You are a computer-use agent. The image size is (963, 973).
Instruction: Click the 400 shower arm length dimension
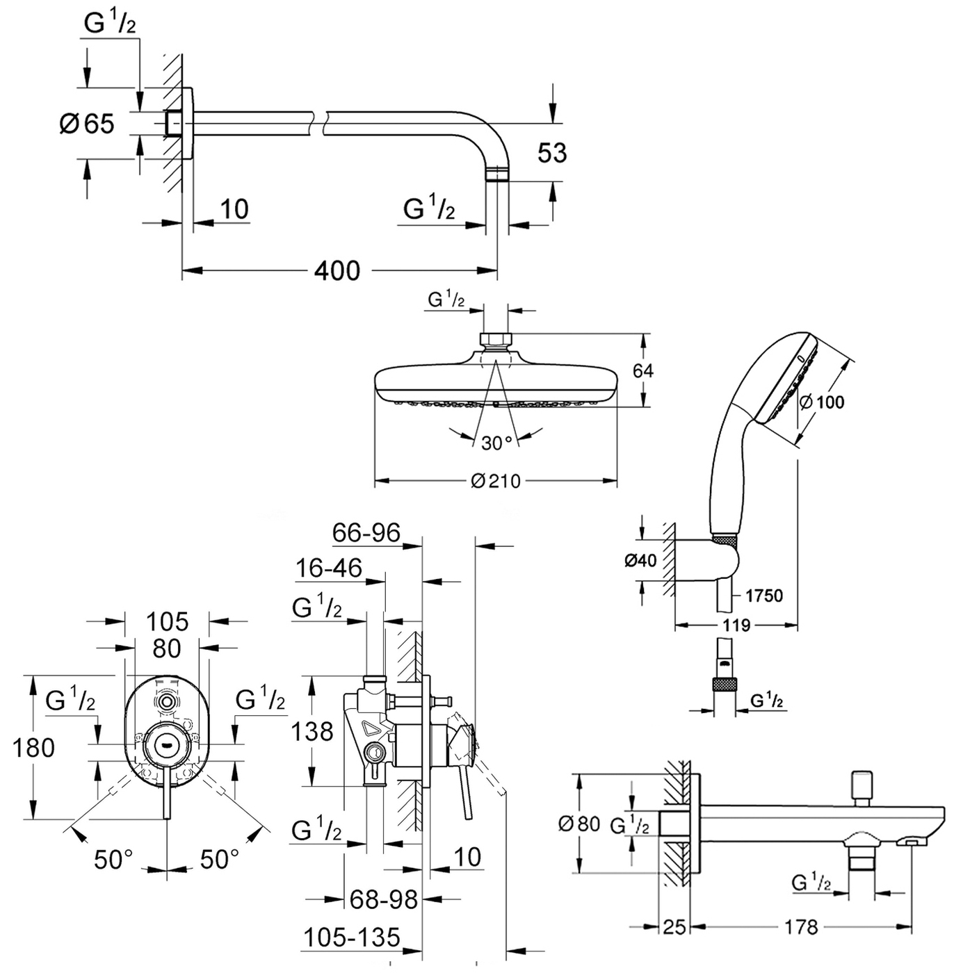click(x=337, y=270)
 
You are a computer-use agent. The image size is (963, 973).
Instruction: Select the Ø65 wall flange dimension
click(x=87, y=124)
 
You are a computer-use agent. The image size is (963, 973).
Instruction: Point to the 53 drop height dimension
click(x=552, y=153)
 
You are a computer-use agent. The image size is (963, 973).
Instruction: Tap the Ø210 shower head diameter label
click(x=496, y=481)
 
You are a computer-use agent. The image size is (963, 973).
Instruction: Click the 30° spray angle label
click(x=496, y=443)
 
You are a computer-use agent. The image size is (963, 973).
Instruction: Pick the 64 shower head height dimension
click(x=643, y=370)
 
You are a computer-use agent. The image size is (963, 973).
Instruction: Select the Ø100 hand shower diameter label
click(x=822, y=402)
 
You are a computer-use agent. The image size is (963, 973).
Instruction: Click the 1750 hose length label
click(x=763, y=596)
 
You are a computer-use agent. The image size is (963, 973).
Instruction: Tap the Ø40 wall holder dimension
click(x=640, y=560)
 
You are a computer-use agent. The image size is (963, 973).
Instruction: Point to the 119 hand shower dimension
click(x=736, y=625)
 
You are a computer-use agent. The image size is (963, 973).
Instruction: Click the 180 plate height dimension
click(x=34, y=748)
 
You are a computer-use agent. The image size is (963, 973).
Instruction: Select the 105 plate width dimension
click(x=168, y=621)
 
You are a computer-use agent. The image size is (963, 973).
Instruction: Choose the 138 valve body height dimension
click(x=312, y=731)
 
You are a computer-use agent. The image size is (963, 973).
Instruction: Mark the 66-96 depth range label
click(x=366, y=533)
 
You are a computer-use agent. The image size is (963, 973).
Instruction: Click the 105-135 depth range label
click(x=352, y=938)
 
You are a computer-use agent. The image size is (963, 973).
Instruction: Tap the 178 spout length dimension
click(x=801, y=926)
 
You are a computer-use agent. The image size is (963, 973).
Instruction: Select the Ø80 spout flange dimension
click(x=579, y=824)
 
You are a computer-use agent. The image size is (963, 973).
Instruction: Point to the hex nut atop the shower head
click(x=495, y=339)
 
